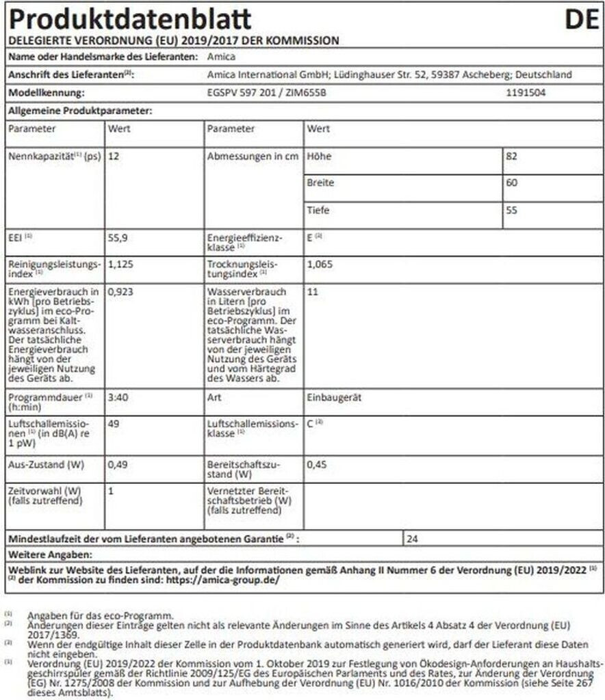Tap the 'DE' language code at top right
point(582,20)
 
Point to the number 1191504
point(526,92)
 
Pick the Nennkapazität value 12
point(114,157)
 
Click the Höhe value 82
point(512,156)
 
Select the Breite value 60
point(512,183)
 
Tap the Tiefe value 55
point(512,211)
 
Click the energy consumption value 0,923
point(120,291)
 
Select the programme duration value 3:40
point(118,396)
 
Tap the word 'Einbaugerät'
point(333,396)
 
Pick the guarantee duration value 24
point(412,538)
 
